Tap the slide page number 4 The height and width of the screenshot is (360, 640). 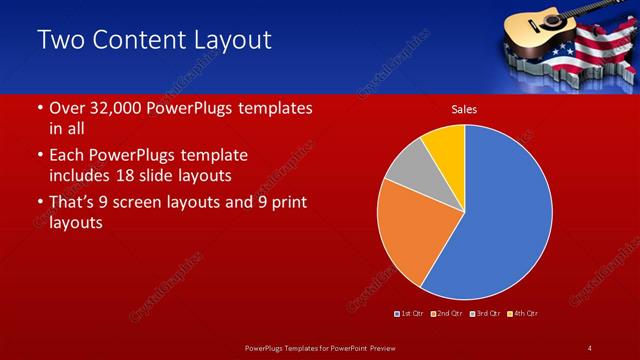point(590,347)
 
